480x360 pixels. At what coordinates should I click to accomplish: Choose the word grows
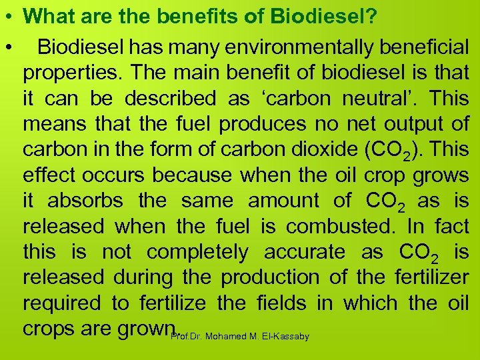point(441,175)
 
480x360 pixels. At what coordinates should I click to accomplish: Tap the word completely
point(197,253)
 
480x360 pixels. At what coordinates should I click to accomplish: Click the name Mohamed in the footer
point(225,337)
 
